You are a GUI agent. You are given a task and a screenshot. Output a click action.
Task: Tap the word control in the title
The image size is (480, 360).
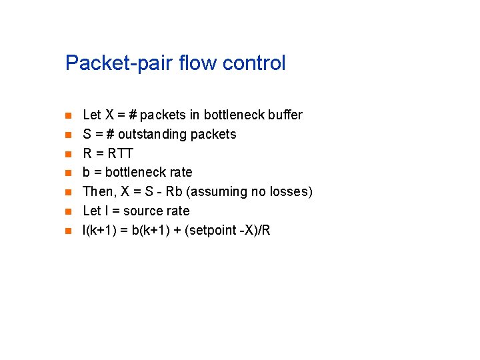(x=254, y=63)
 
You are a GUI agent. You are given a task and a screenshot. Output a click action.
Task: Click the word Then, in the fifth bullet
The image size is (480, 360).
(x=97, y=192)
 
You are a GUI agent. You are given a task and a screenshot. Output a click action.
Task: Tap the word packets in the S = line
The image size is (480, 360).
(x=213, y=135)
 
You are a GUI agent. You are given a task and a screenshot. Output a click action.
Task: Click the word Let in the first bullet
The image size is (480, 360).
(x=92, y=115)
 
